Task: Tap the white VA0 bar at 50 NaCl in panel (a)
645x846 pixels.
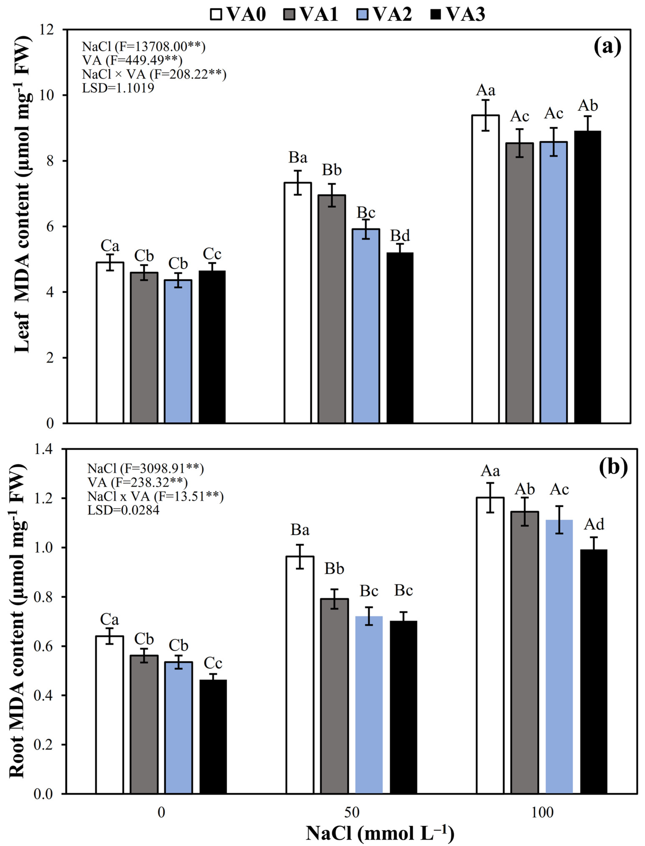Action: (298, 303)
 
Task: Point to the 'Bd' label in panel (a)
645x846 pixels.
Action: (400, 235)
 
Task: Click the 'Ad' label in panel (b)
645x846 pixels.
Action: (594, 524)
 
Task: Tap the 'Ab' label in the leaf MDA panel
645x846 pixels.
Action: (588, 105)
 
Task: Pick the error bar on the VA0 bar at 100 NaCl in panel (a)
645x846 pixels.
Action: (485, 115)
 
